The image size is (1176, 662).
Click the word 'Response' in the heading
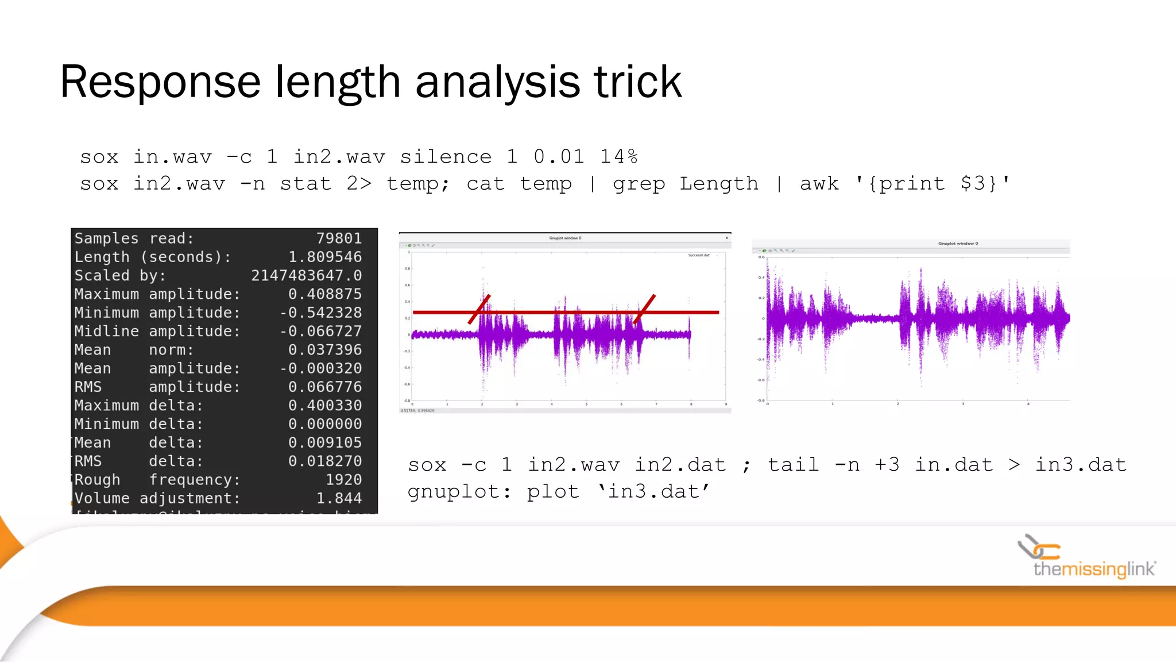(161, 82)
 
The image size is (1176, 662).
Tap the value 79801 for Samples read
(339, 238)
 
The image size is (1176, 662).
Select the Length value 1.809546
(325, 257)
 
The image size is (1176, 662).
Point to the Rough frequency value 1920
(343, 480)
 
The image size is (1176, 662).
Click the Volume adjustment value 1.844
(339, 498)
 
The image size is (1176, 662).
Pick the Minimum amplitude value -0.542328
(320, 313)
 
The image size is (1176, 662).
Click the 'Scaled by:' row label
(120, 276)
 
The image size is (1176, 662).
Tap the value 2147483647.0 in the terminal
(306, 276)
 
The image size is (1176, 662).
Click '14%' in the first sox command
(618, 156)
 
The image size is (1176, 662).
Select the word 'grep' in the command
(639, 184)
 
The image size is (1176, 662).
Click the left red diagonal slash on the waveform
(479, 309)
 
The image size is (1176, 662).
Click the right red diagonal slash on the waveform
(644, 309)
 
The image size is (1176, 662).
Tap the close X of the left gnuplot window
(726, 238)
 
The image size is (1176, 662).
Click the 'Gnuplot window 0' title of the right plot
(958, 244)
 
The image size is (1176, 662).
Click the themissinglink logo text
(1093, 569)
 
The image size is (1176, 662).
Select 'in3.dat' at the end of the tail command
(1080, 464)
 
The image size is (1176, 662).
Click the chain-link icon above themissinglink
(1038, 548)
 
